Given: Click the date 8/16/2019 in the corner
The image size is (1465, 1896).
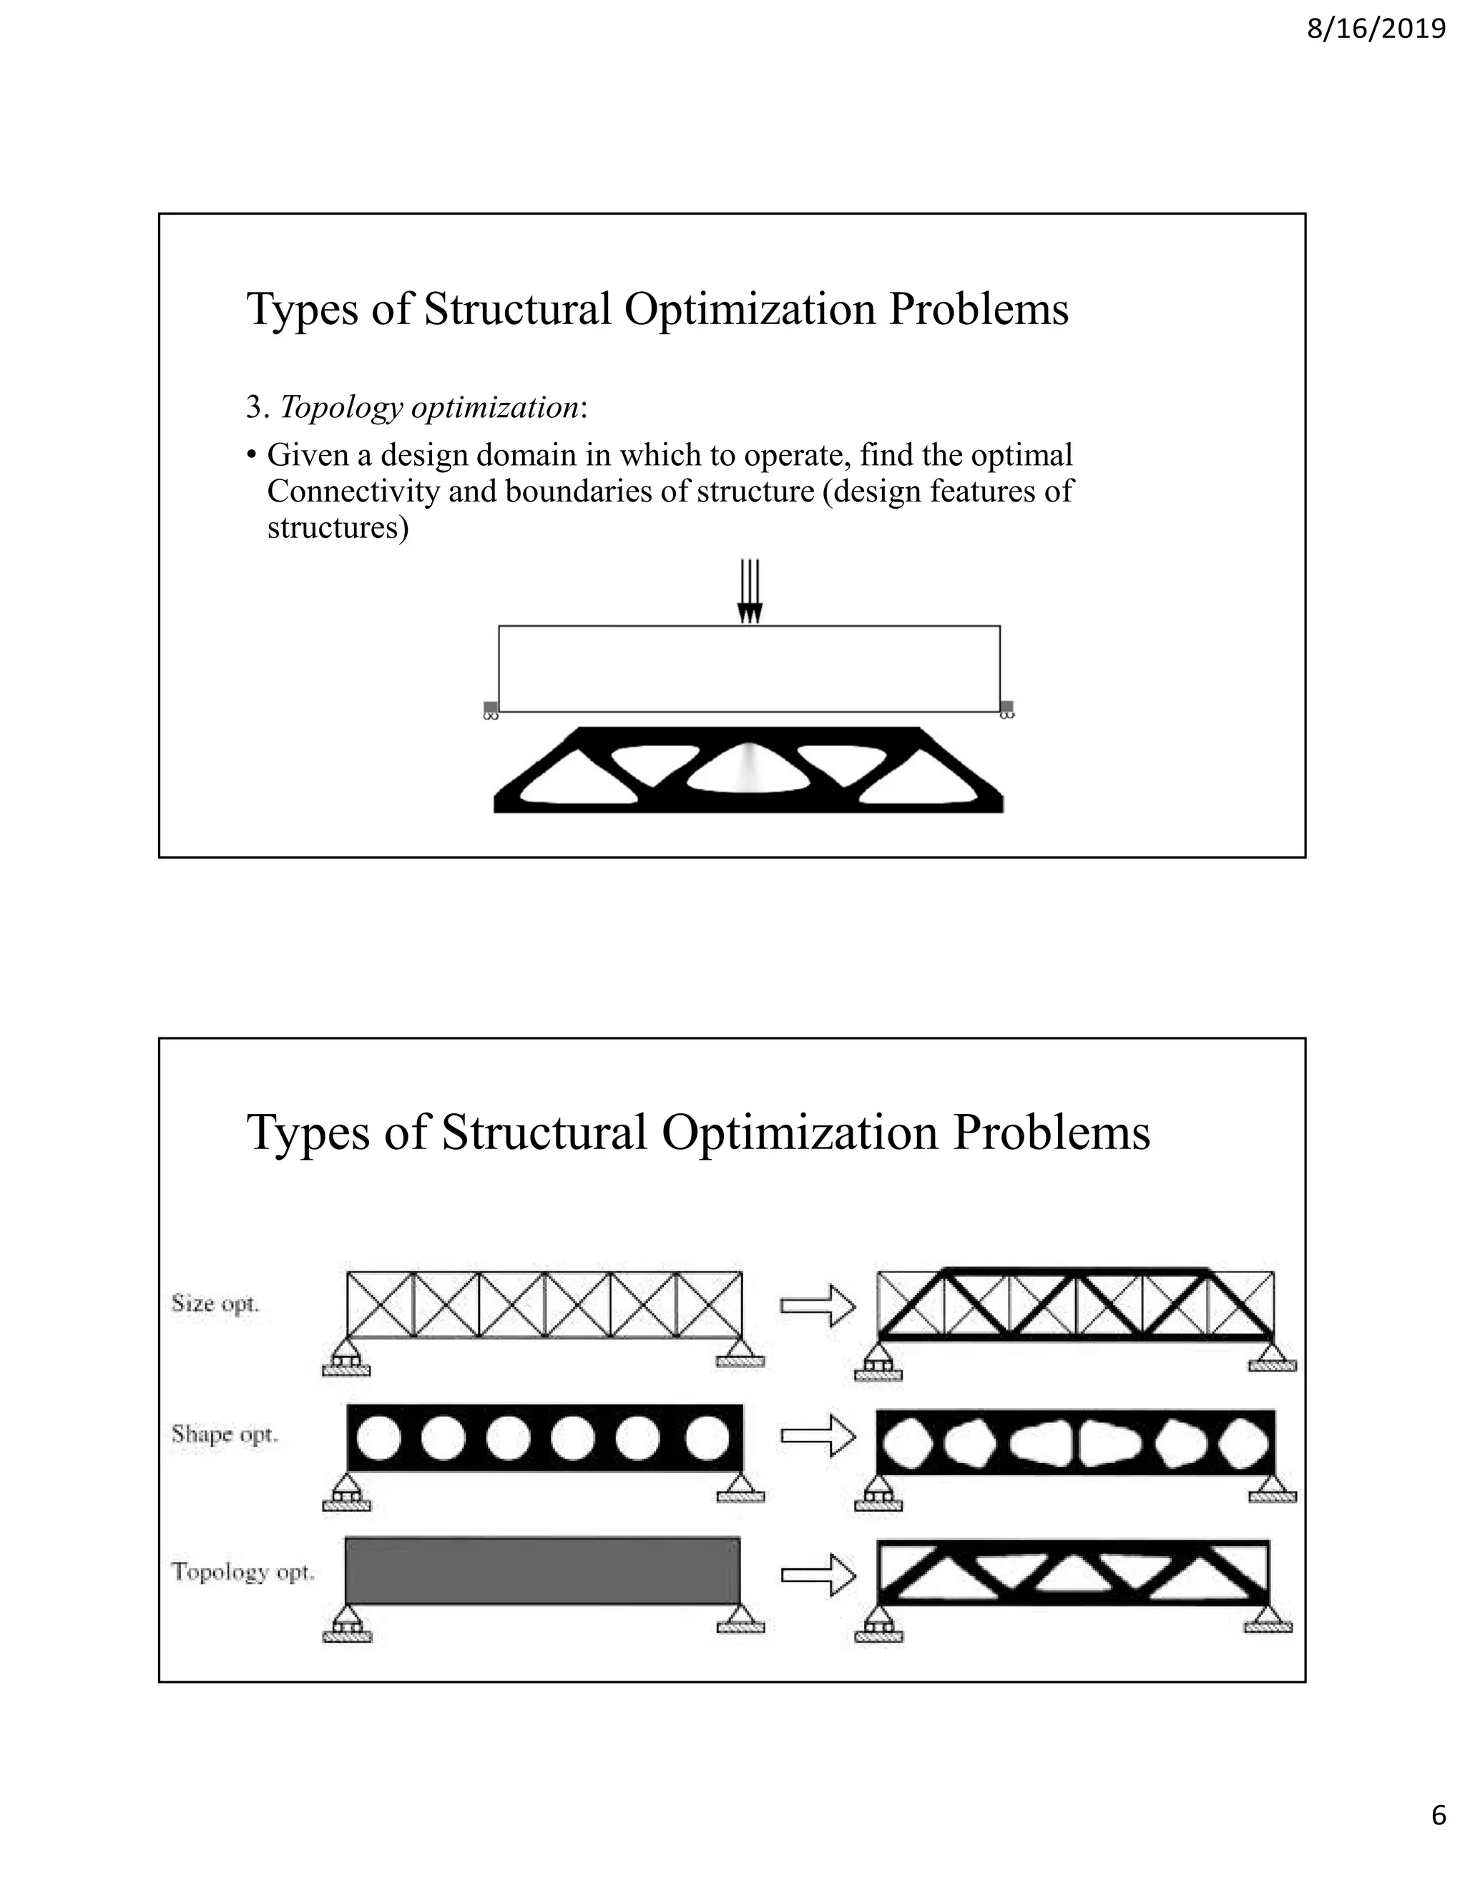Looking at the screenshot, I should (1376, 29).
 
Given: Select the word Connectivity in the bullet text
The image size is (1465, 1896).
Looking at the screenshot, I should (353, 492).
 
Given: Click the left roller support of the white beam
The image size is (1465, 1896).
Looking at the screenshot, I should (490, 710).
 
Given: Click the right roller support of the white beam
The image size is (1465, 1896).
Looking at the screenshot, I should (1006, 710).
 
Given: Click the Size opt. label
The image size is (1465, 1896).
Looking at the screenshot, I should (215, 1303).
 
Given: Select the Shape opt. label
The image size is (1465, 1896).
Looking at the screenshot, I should (224, 1434).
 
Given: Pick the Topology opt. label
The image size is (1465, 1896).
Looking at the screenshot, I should (242, 1571).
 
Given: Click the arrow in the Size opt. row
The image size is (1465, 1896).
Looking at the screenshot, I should (817, 1306).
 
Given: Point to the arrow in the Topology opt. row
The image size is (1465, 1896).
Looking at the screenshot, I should (817, 1575).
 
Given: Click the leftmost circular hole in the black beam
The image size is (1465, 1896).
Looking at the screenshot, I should (378, 1437).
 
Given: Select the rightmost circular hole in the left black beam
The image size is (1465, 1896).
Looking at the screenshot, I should (707, 1437).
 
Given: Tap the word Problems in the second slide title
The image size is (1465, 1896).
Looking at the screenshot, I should (1051, 1132).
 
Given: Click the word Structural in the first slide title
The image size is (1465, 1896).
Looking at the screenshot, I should (517, 309).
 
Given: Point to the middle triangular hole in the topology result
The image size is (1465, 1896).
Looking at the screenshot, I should (1074, 1574).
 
